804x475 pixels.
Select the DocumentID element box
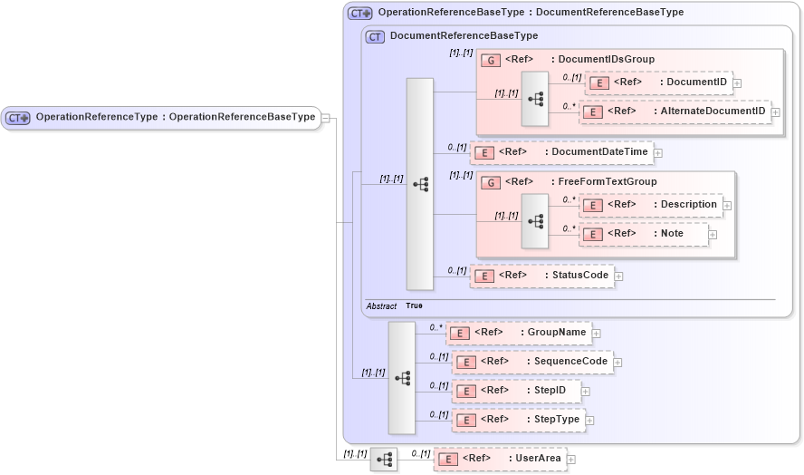[x=658, y=82]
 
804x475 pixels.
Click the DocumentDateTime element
[x=561, y=152]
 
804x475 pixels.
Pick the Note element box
[x=643, y=234]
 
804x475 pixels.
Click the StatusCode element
[x=541, y=276]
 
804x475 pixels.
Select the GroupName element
[x=518, y=333]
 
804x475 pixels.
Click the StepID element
[x=516, y=391]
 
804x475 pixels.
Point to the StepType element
[x=519, y=420]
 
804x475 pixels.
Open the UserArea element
[x=500, y=459]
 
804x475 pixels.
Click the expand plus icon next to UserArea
[x=571, y=460]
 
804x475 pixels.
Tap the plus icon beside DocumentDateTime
[x=658, y=152]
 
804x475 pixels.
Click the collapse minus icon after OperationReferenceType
[x=326, y=117]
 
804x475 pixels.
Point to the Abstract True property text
[x=395, y=306]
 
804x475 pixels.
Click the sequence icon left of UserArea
[x=384, y=460]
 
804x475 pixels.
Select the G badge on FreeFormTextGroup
[x=490, y=182]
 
